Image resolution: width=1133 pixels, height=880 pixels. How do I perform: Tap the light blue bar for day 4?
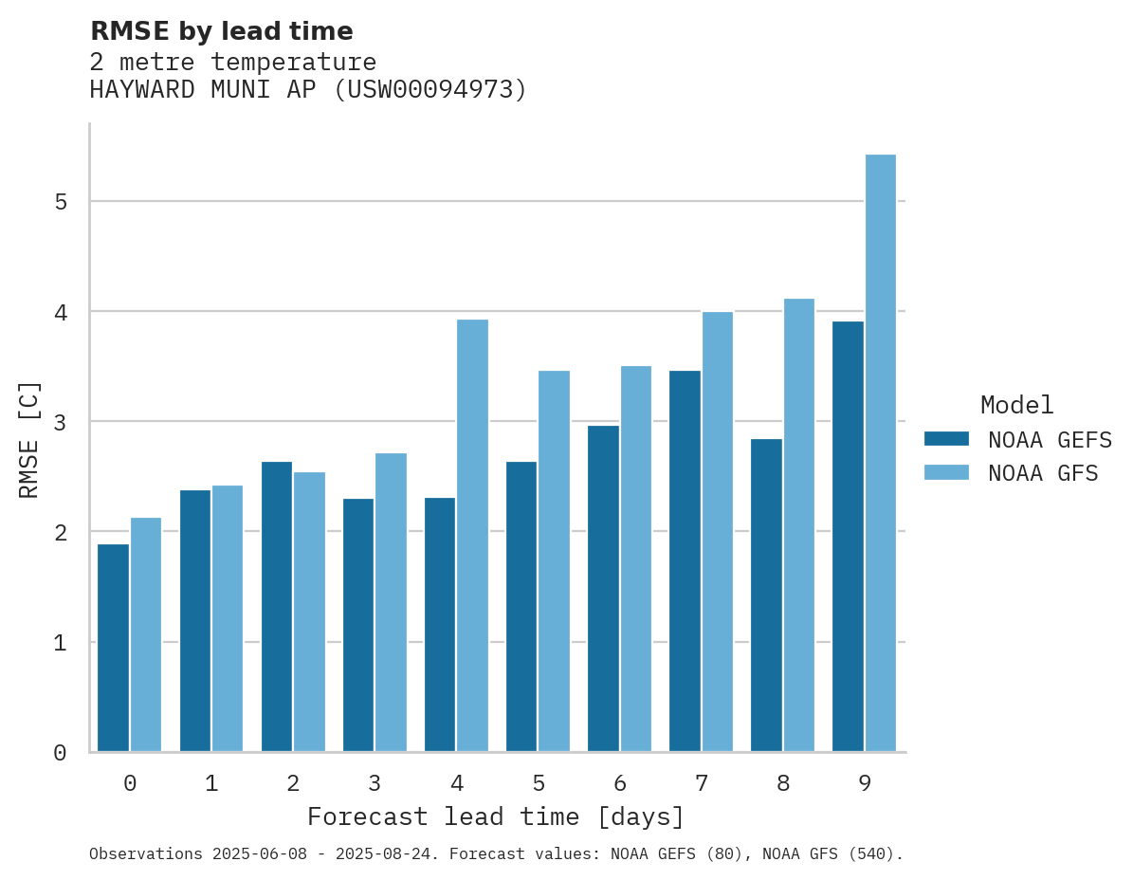pyautogui.click(x=473, y=536)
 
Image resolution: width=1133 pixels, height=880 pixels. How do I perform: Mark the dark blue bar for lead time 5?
pyautogui.click(x=521, y=607)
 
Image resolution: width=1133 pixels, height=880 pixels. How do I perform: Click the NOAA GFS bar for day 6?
pyautogui.click(x=636, y=559)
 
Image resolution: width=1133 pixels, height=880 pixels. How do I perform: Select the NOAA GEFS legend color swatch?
pyautogui.click(x=946, y=438)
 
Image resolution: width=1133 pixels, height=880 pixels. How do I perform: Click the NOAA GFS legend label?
pyautogui.click(x=1043, y=473)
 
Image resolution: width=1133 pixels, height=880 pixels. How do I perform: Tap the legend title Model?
pyautogui.click(x=1017, y=405)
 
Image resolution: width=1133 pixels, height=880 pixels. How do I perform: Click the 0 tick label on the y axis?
pyautogui.click(x=60, y=753)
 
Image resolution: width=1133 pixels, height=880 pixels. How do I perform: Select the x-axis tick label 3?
pyautogui.click(x=375, y=783)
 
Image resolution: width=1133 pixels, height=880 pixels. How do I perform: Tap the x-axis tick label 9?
pyautogui.click(x=865, y=783)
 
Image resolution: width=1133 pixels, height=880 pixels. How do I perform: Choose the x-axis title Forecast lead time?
pyautogui.click(x=495, y=816)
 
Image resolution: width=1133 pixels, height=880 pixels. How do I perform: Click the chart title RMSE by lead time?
pyautogui.click(x=221, y=31)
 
